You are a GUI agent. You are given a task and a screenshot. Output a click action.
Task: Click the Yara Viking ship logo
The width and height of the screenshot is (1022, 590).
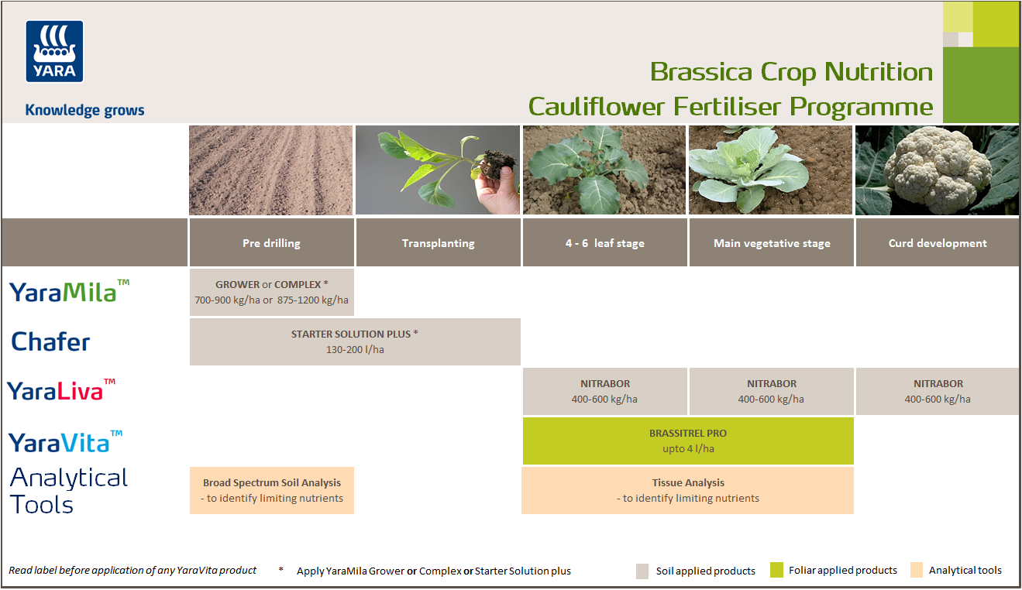[x=54, y=51]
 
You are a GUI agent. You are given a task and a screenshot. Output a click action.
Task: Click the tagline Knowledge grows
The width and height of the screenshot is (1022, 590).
[x=84, y=110]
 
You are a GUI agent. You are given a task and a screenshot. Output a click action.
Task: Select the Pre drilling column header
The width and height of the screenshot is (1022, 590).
[x=271, y=243]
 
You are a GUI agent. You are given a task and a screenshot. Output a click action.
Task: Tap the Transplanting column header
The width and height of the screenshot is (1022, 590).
[x=438, y=243]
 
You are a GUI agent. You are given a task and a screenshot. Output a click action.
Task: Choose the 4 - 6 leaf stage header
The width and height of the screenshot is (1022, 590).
[x=604, y=243]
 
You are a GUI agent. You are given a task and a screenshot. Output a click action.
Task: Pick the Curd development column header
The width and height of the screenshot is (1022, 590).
[x=938, y=243]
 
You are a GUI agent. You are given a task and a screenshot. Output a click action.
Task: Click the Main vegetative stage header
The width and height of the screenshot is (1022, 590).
[x=772, y=243]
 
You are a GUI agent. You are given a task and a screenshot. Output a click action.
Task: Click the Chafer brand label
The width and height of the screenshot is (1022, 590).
[x=50, y=341]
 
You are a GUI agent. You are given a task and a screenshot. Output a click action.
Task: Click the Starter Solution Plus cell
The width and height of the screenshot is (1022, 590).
[x=355, y=341]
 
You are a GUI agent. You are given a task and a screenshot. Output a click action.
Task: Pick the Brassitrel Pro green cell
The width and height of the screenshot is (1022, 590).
[x=688, y=441]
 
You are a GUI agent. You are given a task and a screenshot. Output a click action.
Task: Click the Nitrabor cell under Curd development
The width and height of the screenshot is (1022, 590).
[x=938, y=391]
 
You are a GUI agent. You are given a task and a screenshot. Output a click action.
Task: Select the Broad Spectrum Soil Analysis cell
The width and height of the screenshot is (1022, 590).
[x=272, y=490]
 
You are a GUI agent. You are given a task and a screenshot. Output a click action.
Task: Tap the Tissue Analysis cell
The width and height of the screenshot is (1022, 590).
[x=688, y=490]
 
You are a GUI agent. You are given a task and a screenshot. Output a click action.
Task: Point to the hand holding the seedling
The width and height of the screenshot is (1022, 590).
[x=496, y=186]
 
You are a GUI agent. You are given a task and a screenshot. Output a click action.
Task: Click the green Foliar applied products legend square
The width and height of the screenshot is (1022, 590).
[x=777, y=571]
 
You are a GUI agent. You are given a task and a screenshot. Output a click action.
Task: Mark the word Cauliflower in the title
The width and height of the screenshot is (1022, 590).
[x=605, y=106]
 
